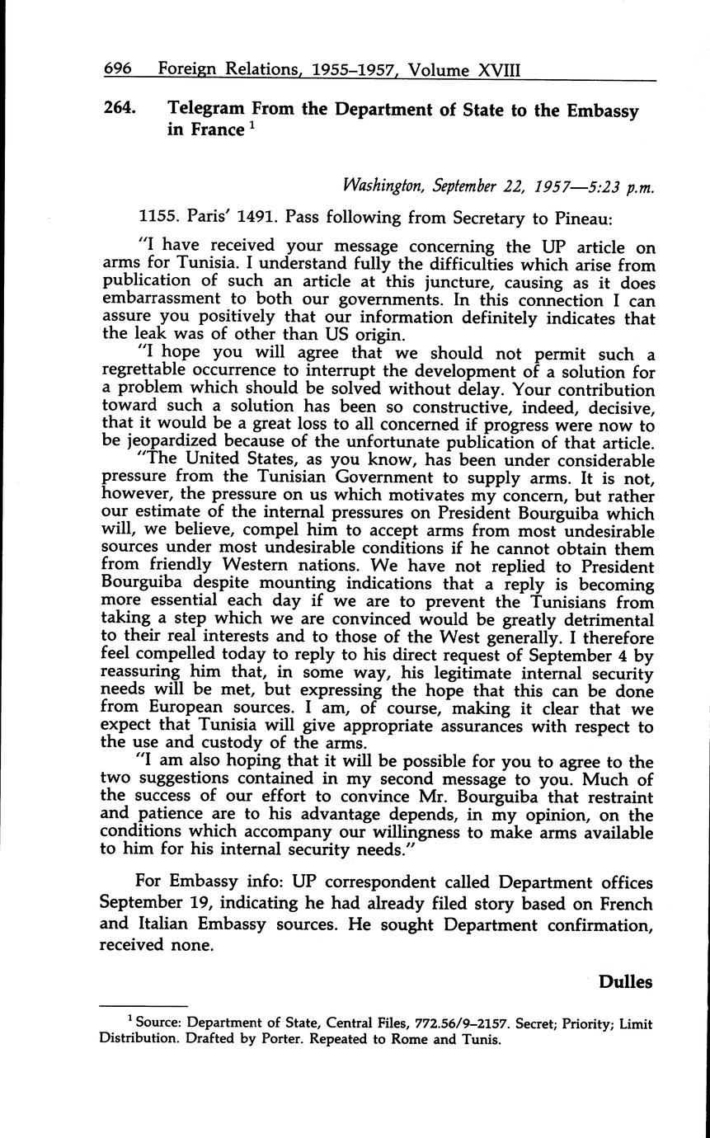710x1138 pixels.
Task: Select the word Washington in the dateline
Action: click(380, 186)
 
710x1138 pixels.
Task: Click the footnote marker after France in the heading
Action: click(249, 125)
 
